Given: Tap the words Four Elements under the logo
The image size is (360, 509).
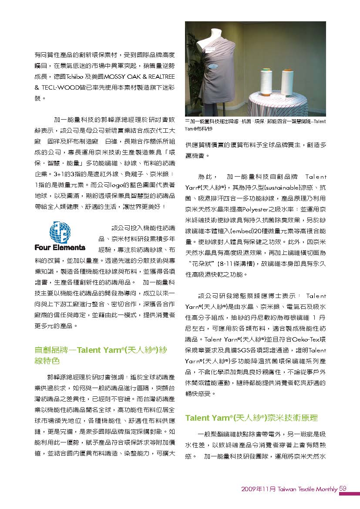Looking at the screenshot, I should pos(60,248).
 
